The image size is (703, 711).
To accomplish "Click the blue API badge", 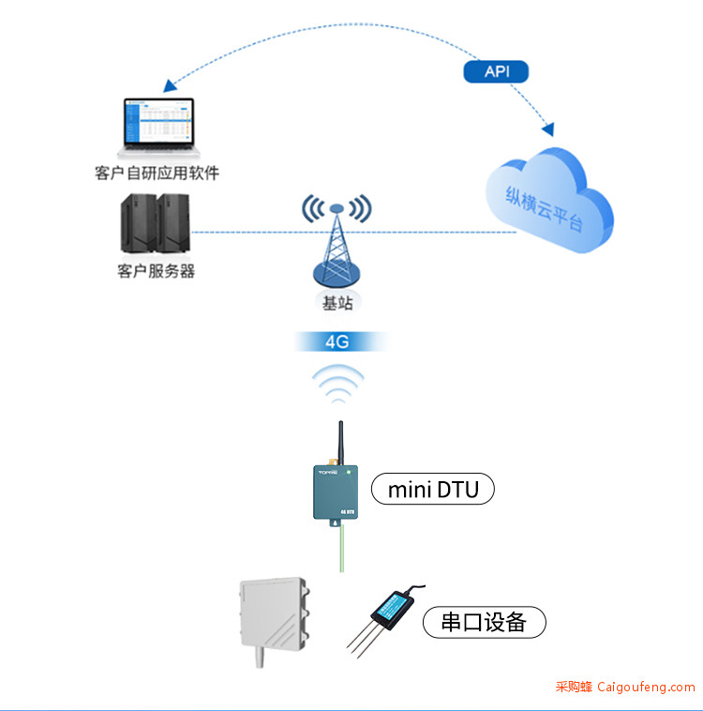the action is click(496, 71).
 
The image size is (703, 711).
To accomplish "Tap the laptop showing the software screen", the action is click(158, 128).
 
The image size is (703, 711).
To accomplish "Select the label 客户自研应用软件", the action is click(157, 173).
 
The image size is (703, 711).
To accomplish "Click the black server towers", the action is click(155, 223).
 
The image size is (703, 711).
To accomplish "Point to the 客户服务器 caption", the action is click(157, 271).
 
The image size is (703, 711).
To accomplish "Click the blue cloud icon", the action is click(550, 200).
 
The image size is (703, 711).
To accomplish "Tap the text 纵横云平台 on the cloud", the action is click(544, 208).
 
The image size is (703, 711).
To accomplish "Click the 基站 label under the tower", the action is click(337, 303).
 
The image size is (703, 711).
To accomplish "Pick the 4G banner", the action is click(337, 341).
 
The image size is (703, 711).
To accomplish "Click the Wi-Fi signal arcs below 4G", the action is click(338, 384).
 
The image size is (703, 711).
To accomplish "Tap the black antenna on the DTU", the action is click(341, 443).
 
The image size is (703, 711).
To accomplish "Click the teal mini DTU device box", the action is click(336, 492).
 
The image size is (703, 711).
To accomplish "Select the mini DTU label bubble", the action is click(433, 489).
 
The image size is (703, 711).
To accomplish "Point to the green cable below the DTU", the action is click(342, 549).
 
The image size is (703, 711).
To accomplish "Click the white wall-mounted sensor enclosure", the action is click(274, 619).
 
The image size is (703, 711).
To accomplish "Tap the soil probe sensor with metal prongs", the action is click(385, 620).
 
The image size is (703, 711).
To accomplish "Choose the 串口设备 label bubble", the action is click(484, 622).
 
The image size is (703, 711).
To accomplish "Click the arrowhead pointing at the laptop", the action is click(170, 85).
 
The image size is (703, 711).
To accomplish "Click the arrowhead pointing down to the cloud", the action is click(548, 129).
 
